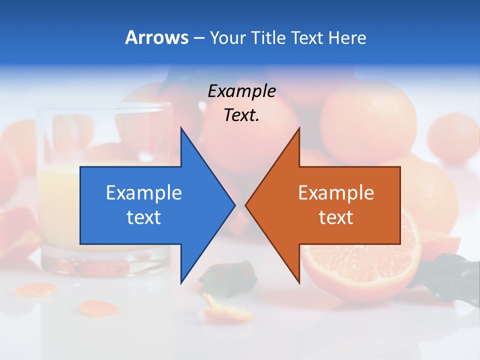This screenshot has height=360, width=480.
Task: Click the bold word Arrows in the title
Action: coord(156,38)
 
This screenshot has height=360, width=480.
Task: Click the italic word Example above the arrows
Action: coord(241,91)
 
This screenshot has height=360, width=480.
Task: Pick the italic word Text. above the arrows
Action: coord(241,115)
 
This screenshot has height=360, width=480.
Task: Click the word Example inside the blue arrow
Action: coord(144,192)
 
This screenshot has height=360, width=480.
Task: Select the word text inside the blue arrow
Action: coord(144,217)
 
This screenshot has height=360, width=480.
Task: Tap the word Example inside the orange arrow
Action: coord(336,192)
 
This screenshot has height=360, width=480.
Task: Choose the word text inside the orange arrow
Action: coord(336,217)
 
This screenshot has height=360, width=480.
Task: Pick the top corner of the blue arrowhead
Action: coord(181,129)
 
